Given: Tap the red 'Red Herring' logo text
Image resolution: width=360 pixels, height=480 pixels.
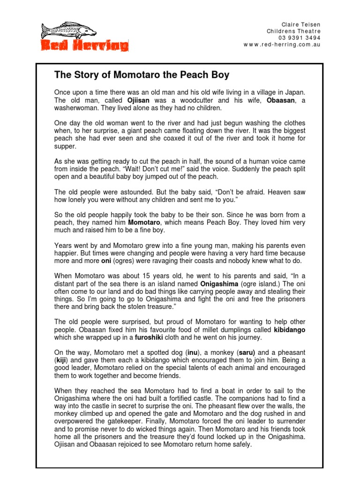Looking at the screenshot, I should click(x=84, y=45).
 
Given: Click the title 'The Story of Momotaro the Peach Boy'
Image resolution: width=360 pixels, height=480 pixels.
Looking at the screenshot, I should click(x=142, y=75).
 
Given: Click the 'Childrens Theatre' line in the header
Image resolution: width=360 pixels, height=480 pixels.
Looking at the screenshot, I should click(x=293, y=31).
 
